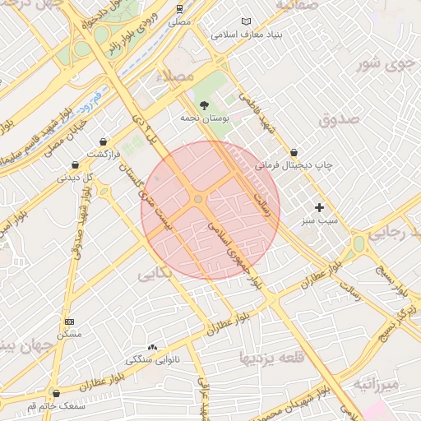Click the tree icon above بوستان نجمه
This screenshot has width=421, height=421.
[x=204, y=104]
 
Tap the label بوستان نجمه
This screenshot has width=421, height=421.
[x=204, y=118]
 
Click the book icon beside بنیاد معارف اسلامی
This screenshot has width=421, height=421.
[x=245, y=21]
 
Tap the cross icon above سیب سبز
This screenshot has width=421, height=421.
[x=320, y=207]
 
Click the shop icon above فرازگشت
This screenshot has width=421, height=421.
[x=103, y=141]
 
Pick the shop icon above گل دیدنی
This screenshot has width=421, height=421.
[x=75, y=164]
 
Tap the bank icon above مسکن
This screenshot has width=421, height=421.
[x=69, y=322]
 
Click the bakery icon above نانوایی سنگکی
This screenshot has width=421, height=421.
[x=152, y=347]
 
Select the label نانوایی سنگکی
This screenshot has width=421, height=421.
[x=152, y=360]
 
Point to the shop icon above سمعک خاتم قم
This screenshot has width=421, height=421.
[x=56, y=393]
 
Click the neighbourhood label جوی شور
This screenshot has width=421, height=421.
[x=386, y=63]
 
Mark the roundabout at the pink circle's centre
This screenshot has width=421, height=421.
[x=199, y=200]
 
